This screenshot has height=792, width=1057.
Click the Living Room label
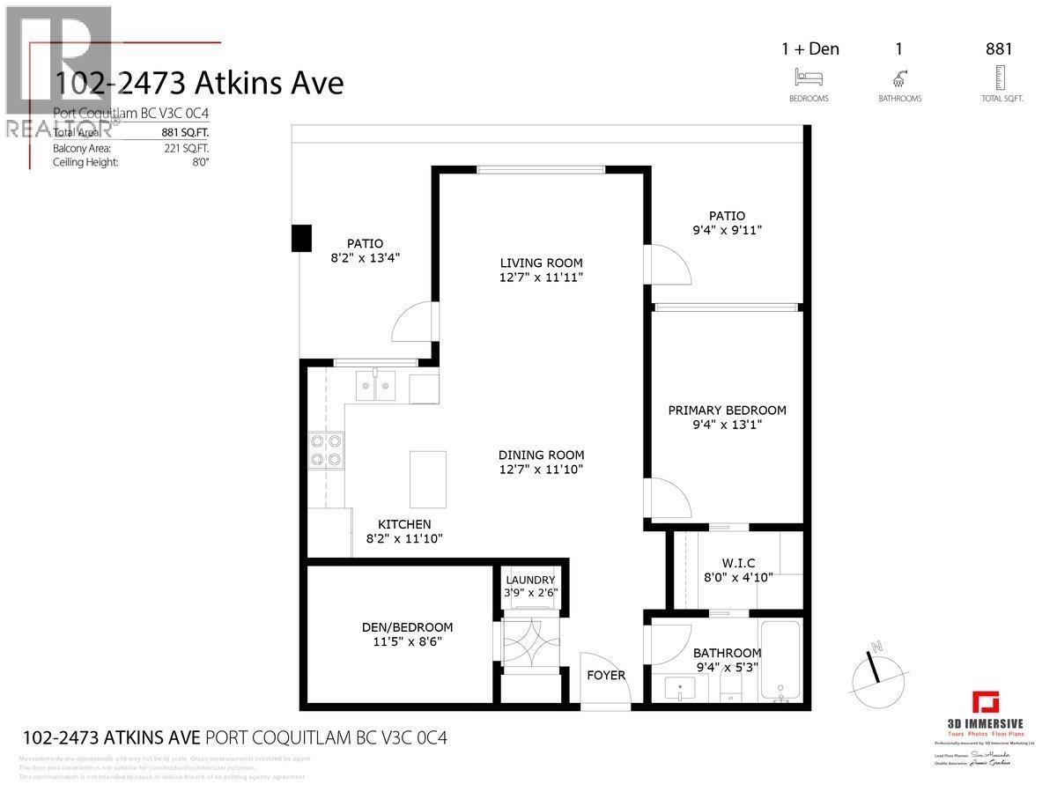pos(541,263)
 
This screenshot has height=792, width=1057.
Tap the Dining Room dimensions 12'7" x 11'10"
pos(541,469)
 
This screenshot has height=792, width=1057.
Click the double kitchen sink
pos(376,385)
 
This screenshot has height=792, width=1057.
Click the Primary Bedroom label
pos(727,410)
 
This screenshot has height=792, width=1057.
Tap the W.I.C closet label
pos(738,563)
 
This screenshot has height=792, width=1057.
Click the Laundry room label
pos(530,579)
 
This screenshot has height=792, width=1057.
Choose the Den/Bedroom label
pos(407,627)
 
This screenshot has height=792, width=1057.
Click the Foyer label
pos(606,675)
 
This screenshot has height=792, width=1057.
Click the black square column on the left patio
pos(302,237)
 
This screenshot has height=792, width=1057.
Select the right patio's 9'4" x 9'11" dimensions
pos(727,230)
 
